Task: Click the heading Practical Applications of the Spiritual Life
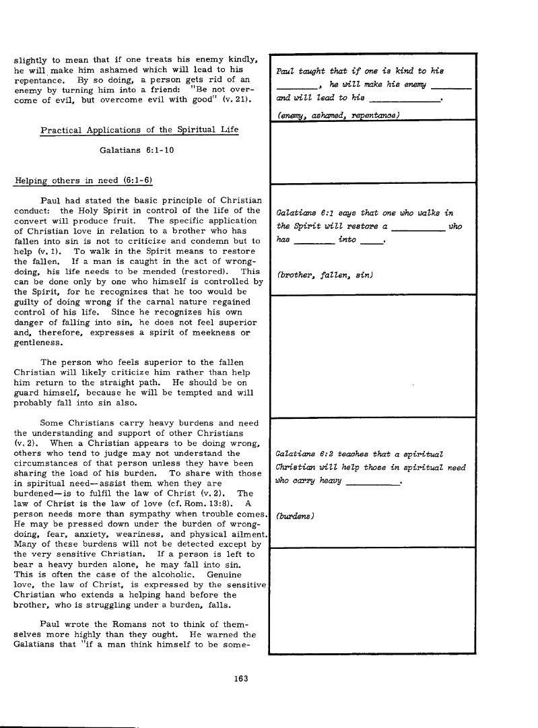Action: tap(139, 129)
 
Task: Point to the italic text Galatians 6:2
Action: tap(302, 454)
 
